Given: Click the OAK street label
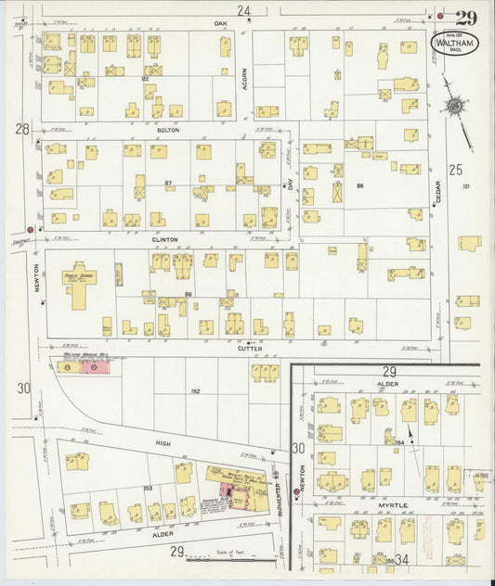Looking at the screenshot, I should coord(220,22).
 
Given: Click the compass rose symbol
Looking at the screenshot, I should coord(454,108).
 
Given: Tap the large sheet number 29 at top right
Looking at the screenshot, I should coord(466,17).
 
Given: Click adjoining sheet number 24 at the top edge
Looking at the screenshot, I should coord(243,11).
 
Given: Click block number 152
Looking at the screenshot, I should coord(169,391).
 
